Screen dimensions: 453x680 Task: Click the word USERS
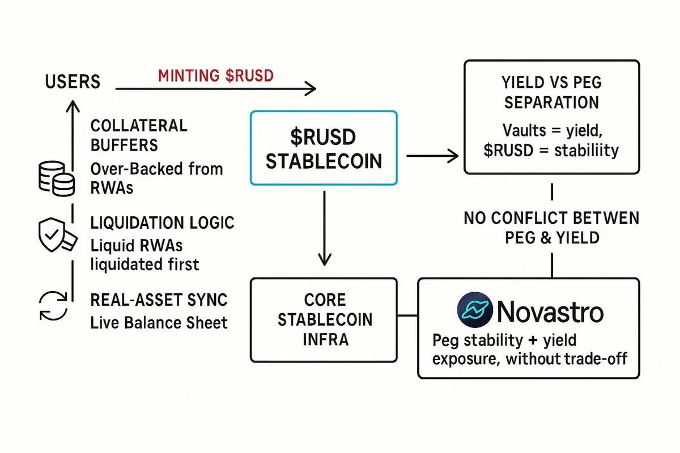(x=73, y=82)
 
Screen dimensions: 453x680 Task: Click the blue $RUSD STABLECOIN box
(x=324, y=147)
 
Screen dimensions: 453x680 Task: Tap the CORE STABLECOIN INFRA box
(x=324, y=319)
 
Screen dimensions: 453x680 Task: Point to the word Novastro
(x=550, y=311)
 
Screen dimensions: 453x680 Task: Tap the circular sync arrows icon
(x=53, y=305)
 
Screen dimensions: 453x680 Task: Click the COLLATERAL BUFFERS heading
(x=139, y=135)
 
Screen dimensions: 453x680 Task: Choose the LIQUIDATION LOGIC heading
(x=162, y=223)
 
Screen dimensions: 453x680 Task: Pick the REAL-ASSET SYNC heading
(x=159, y=300)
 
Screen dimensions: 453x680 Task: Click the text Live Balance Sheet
(x=159, y=323)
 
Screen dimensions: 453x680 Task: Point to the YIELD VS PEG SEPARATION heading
(x=551, y=93)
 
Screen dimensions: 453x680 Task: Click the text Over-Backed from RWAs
(x=156, y=178)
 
